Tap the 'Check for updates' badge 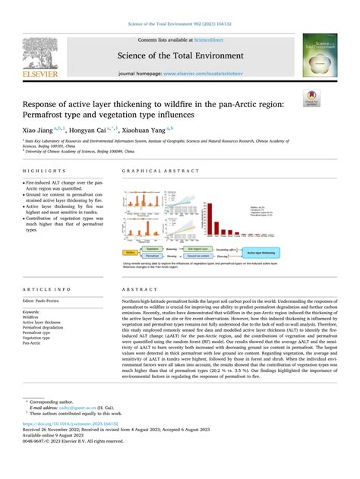tap(311, 99)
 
